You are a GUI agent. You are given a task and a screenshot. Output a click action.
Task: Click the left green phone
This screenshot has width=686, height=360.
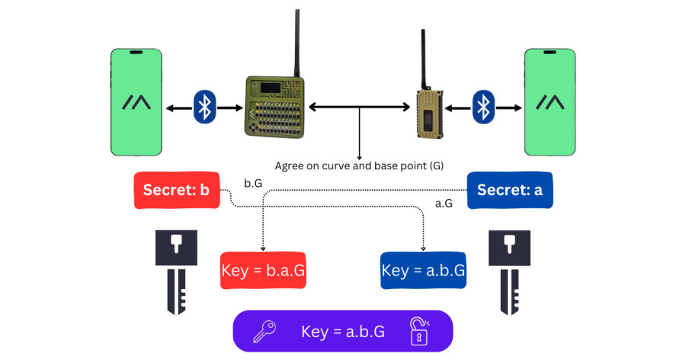[x=136, y=102]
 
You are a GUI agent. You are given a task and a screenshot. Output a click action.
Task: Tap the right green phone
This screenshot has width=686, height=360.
[x=549, y=102]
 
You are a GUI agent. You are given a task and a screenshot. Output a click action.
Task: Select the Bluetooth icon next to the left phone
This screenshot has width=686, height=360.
[x=204, y=107]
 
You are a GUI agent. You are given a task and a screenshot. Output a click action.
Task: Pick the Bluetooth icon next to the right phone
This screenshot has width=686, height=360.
[x=482, y=107]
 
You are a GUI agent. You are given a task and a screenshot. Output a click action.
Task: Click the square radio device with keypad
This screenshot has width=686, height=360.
[x=275, y=106]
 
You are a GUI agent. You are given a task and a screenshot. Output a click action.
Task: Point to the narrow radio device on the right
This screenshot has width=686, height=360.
[x=430, y=112]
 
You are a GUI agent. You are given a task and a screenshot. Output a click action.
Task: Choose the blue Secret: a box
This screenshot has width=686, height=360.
[x=509, y=191]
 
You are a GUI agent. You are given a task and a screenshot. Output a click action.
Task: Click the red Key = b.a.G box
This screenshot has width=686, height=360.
[x=263, y=270]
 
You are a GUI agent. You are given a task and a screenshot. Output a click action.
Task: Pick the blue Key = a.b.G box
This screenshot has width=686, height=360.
[x=423, y=270]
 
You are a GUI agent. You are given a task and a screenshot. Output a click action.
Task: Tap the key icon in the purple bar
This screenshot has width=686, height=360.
[x=264, y=331]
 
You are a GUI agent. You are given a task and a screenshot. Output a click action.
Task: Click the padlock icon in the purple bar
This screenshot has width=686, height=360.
[x=418, y=331]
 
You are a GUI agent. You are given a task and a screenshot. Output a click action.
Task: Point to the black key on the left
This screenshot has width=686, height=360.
[x=176, y=272]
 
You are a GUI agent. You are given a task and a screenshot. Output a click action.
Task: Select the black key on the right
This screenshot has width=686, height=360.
[x=509, y=272]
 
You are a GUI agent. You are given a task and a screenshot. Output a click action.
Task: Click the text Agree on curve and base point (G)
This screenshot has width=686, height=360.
[x=358, y=165]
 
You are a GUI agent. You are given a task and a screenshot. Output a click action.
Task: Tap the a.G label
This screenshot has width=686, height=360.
[x=444, y=204]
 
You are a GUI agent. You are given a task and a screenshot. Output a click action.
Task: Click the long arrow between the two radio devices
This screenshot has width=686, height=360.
[x=358, y=108]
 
